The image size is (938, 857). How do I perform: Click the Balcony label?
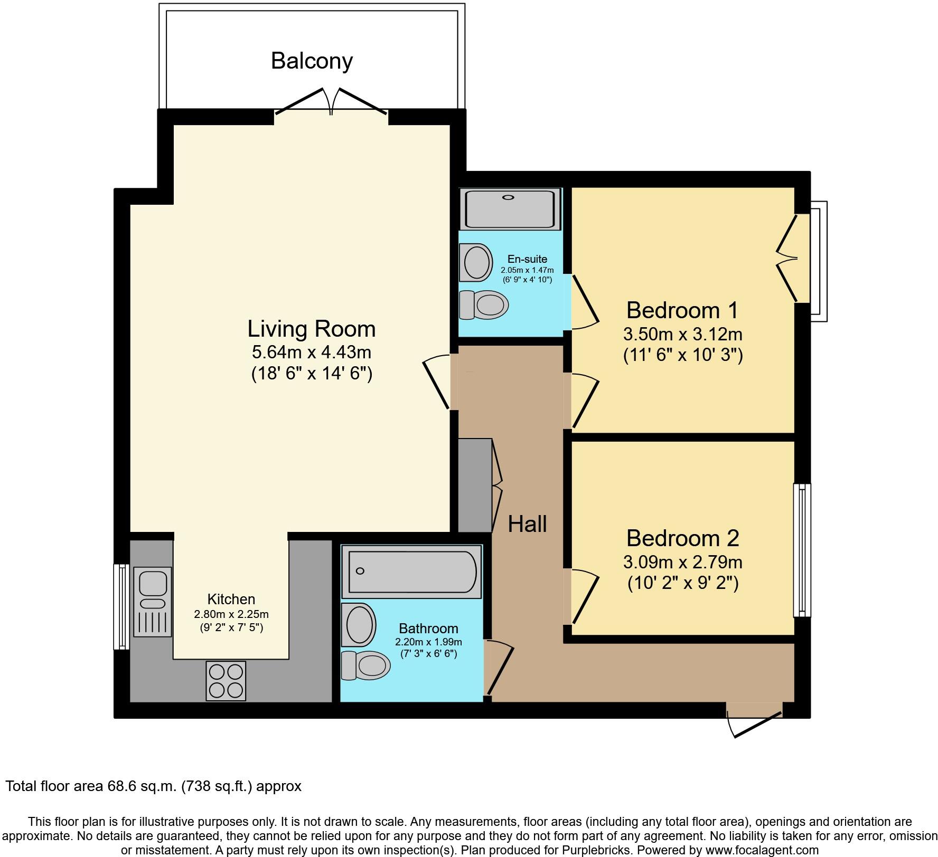312,61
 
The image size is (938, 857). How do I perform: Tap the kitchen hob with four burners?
226,680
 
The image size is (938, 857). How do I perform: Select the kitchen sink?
153,601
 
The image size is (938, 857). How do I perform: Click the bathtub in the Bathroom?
411,572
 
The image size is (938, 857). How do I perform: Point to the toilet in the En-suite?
483,304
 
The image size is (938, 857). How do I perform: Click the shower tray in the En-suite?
510,209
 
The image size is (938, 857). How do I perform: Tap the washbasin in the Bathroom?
359,624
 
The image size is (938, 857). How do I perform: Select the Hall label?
527,524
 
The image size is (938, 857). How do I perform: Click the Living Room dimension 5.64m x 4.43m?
312,351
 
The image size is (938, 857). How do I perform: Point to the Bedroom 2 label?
682,538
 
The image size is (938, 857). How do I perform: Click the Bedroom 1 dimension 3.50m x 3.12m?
682,334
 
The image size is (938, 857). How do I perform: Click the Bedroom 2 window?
802,550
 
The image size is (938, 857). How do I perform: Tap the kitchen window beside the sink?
122,606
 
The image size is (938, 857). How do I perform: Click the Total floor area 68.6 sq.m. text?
153,786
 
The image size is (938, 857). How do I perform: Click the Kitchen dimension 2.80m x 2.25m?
231,614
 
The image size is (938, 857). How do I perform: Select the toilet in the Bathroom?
365,665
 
